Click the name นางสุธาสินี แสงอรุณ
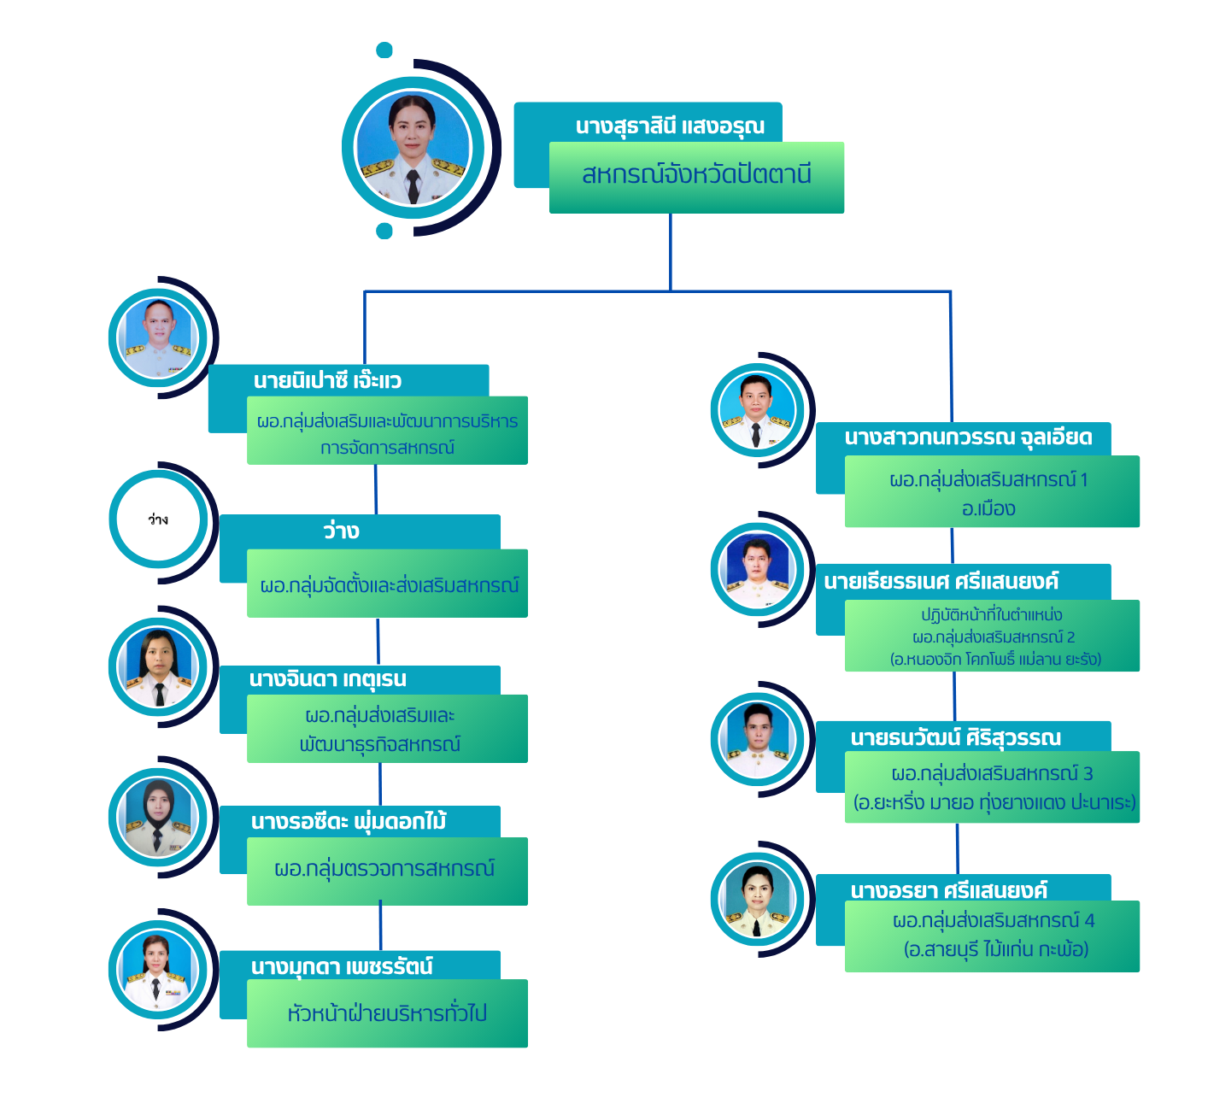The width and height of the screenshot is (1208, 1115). point(670,126)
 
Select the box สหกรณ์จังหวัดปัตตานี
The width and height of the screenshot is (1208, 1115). point(696,176)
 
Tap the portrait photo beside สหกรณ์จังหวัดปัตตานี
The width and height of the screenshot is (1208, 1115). point(413,149)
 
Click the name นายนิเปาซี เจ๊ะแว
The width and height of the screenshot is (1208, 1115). point(327,380)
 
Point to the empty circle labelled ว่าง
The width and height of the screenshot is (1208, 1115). point(158,519)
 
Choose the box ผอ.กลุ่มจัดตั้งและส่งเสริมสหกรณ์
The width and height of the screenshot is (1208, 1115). point(389,585)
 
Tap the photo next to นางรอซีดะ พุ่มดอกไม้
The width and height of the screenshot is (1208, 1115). point(158,818)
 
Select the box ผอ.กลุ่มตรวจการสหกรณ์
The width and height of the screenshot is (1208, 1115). point(384,870)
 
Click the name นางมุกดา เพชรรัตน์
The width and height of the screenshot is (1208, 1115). point(342,966)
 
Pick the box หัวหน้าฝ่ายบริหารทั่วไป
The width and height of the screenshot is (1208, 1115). point(387,1014)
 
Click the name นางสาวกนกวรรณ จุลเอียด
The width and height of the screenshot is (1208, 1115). point(968,437)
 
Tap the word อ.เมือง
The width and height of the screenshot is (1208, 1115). point(988,509)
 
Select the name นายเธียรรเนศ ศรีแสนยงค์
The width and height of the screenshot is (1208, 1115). point(941,582)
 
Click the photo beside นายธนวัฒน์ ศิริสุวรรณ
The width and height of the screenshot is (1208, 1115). point(757,740)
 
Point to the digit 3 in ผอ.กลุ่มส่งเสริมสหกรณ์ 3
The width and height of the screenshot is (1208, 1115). point(1088,774)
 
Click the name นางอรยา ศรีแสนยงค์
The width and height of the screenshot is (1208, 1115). point(948,890)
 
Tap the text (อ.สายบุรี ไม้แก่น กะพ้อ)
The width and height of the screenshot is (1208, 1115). point(996,949)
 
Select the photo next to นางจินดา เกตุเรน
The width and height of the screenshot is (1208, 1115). point(158,667)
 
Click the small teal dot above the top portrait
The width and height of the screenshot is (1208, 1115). point(384,50)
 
